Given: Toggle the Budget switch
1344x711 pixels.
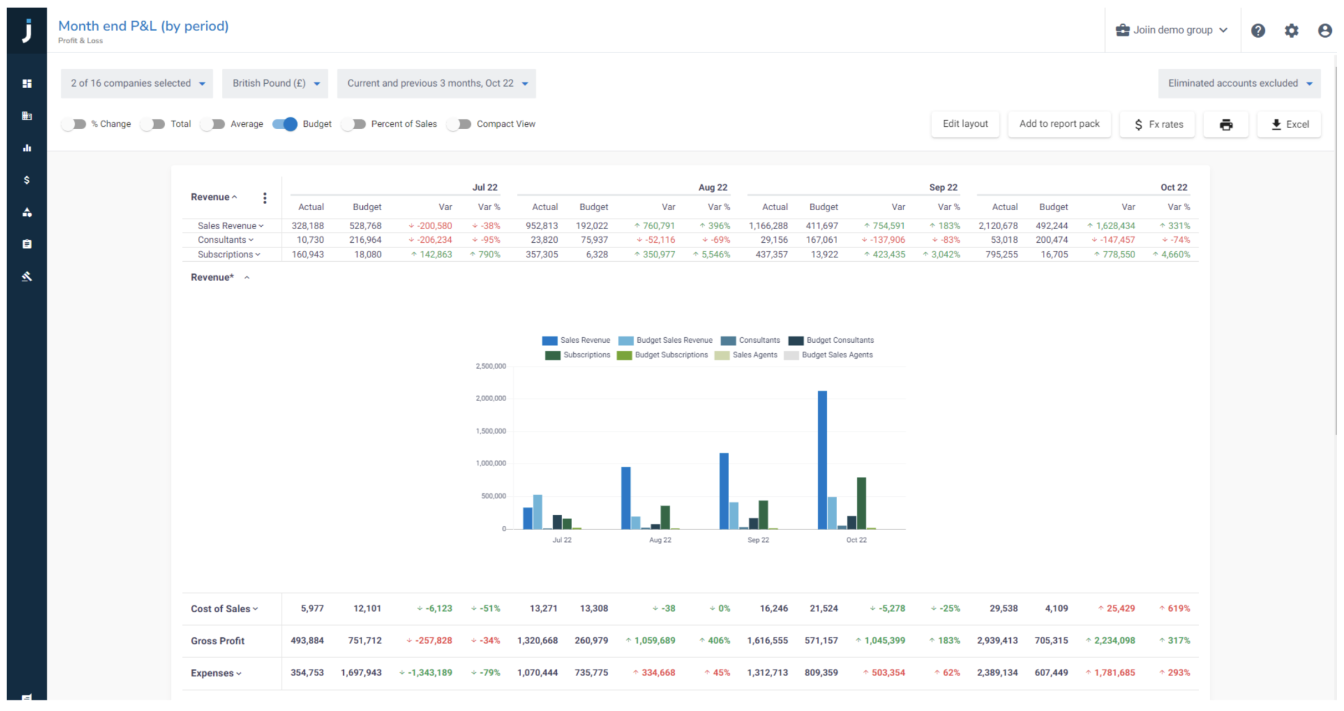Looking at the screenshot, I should [285, 124].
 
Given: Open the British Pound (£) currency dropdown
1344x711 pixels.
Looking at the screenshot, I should [275, 83].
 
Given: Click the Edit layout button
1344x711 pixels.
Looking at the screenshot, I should [965, 124].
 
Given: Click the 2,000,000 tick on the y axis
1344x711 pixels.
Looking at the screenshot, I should [491, 398].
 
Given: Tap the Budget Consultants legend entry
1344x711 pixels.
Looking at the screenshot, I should [831, 340].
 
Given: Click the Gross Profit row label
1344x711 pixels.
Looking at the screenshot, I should [217, 641].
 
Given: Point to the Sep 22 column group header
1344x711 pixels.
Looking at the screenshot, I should [943, 187].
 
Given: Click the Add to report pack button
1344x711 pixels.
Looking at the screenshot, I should [1059, 124].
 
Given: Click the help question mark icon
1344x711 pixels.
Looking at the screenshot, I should [1258, 31].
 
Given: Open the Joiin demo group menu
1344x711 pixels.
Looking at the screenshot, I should [1172, 30].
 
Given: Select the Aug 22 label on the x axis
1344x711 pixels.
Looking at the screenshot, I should [660, 540].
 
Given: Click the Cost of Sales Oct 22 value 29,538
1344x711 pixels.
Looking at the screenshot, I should [1004, 608].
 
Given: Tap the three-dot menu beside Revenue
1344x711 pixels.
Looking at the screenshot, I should [265, 198].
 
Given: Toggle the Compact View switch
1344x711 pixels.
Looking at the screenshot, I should [460, 124].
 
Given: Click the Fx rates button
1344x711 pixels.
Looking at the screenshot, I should [1158, 124].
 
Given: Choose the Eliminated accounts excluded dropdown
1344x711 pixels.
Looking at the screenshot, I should [1239, 83].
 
